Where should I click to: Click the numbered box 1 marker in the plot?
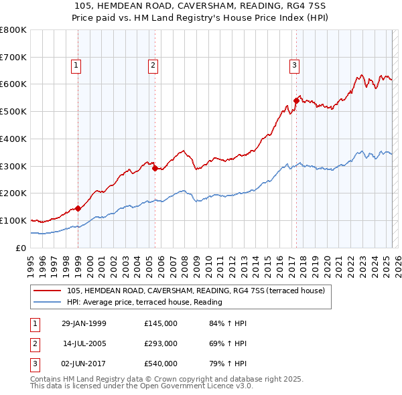[76, 66]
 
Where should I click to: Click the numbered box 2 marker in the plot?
[153, 66]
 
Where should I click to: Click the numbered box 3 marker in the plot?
[294, 66]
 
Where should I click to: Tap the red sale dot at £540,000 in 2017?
[295, 100]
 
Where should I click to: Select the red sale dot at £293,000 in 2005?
[155, 168]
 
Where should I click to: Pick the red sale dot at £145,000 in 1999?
[78, 208]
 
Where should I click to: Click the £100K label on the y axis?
[13, 220]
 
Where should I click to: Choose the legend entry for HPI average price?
[144, 302]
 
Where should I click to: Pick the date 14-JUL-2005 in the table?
[84, 343]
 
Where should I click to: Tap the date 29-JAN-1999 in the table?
[84, 323]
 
